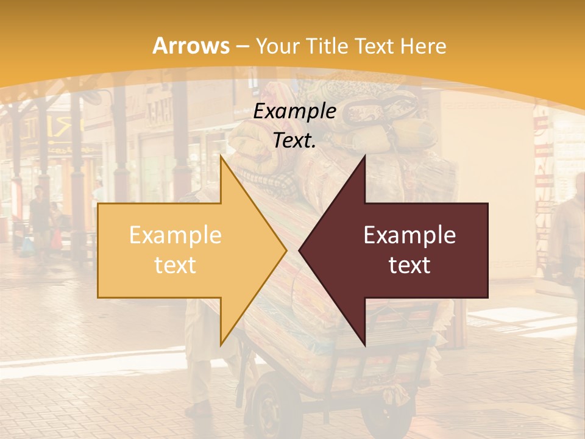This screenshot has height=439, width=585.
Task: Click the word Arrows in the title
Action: pos(191,46)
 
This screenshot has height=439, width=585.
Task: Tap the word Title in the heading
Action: pos(328,46)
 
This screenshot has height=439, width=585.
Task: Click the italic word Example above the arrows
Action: pos(295,112)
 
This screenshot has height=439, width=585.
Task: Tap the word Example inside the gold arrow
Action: pos(175,235)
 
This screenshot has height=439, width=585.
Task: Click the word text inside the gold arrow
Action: pos(175,265)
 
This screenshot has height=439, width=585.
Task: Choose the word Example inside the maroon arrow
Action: pos(409,235)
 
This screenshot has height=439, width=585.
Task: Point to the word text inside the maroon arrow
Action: pos(409,265)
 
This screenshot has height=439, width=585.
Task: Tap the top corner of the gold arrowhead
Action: pos(221,157)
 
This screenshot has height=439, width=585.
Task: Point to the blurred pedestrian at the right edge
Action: pos(570,244)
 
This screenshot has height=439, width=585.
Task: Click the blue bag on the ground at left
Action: pos(27,247)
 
